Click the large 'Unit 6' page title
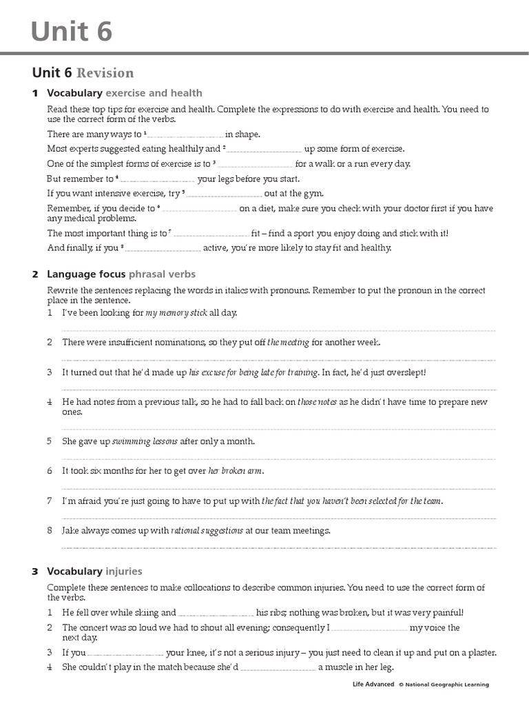[x=72, y=31]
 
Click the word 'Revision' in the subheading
[x=105, y=73]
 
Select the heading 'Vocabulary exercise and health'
[x=124, y=93]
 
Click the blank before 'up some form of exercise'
[x=264, y=150]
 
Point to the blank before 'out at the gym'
[x=225, y=194]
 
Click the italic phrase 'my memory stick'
[x=177, y=313]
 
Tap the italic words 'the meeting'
[x=288, y=343]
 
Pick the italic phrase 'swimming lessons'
[x=145, y=441]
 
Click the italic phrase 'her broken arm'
[x=235, y=471]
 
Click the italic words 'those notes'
[x=317, y=402]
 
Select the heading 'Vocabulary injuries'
[x=94, y=572]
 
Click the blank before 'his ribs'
[x=216, y=613]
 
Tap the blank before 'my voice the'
[x=370, y=628]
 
